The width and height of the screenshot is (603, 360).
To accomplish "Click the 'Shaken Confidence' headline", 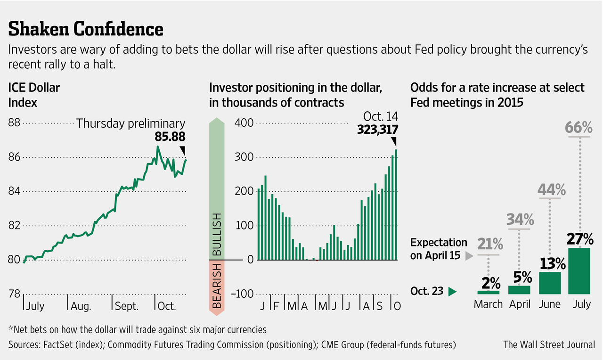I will click(86, 29).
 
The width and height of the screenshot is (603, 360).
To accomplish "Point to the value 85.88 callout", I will click(170, 137).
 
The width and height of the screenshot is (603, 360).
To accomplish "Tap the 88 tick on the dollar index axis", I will click(15, 123).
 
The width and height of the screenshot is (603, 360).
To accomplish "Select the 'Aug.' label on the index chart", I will click(81, 306).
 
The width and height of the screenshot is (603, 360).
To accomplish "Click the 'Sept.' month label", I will click(127, 306).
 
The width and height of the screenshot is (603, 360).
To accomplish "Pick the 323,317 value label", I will click(375, 130).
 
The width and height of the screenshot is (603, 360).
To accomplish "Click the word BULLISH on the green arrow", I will click(217, 234).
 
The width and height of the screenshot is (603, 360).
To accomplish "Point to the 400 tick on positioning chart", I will click(244, 123).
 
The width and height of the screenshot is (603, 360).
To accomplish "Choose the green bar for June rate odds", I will click(549, 283).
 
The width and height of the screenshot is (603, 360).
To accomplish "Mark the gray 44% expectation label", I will click(551, 189).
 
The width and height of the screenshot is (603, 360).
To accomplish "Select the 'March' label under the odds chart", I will click(488, 304).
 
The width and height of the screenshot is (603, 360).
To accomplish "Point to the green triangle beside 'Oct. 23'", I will click(452, 292).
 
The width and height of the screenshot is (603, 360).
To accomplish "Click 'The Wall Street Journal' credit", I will click(549, 344).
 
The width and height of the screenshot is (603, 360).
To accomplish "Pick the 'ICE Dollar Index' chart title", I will click(34, 95).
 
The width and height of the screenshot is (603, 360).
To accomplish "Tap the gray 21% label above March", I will click(490, 245).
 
